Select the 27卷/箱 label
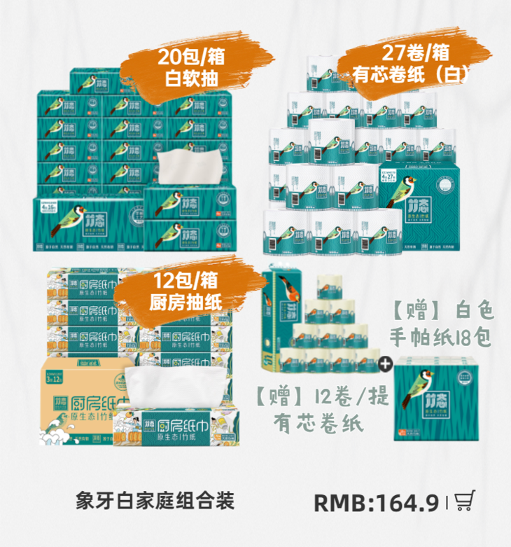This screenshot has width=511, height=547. (415, 51)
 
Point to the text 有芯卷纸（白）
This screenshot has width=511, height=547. (412, 74)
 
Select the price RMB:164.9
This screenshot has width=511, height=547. (376, 502)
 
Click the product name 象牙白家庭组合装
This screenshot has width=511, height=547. (155, 501)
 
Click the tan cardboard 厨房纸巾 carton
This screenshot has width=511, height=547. (77, 399)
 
